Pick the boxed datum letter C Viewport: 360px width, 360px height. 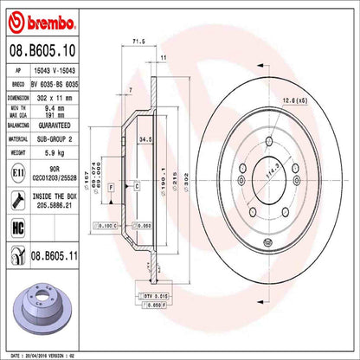pos(137,186)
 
